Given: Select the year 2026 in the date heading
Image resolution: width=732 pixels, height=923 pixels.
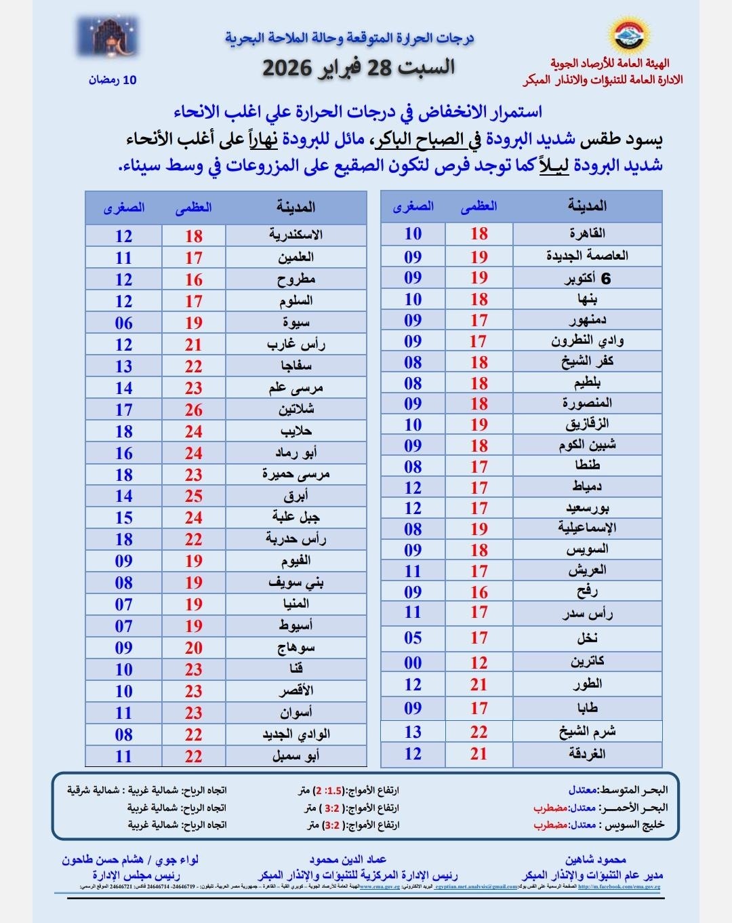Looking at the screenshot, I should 287,68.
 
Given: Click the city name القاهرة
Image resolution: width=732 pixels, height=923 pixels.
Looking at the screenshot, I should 587,234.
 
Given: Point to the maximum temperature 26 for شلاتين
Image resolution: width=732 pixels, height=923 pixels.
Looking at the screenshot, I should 194,410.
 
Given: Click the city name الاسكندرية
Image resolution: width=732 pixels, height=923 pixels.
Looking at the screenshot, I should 296,235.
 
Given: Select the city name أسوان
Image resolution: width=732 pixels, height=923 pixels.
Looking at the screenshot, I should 296,713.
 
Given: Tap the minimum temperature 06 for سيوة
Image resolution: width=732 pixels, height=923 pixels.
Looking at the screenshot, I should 123,323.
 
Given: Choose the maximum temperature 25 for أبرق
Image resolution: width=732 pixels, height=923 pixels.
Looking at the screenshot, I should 194,496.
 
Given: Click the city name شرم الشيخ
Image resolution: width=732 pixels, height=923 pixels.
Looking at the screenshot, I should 587,732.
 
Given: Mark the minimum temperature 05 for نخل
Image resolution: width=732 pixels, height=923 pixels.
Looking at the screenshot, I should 413,638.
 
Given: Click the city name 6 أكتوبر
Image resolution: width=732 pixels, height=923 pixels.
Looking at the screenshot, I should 587,278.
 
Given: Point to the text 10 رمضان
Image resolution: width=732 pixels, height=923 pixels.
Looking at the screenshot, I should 113,80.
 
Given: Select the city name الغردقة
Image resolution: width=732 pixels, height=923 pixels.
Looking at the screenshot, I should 587,754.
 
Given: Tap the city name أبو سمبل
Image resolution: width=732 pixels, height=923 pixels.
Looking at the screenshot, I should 296,756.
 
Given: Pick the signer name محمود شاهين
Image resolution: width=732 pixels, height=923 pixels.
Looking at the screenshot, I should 596,860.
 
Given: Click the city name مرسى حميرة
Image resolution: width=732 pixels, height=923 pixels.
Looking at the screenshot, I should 296,474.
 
